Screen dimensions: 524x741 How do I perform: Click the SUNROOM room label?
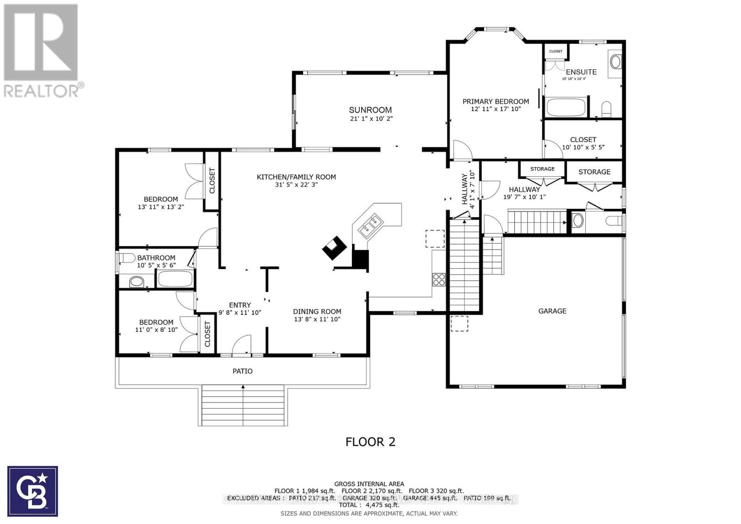coord(370,110)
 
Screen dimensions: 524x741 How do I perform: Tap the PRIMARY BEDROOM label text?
coord(496,101)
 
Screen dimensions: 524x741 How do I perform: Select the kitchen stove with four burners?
coord(439,279)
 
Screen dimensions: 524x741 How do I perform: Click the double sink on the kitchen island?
coord(372,224)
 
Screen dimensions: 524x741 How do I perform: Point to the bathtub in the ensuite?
coord(566,107)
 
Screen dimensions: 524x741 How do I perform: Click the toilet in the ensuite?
coord(607,110)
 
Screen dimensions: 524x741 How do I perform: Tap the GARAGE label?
coord(552,311)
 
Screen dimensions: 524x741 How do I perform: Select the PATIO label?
coord(242,371)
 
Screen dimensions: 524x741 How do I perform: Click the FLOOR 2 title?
coord(370,442)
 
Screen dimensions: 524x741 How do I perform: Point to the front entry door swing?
coord(241,345)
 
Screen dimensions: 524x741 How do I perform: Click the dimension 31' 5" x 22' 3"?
coord(296,185)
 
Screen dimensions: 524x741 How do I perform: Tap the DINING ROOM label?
coord(317,312)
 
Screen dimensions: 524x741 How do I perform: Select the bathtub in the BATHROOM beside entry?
coord(175,280)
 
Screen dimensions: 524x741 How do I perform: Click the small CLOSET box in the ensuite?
coord(555,51)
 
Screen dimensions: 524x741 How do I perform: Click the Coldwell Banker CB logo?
coord(32,491)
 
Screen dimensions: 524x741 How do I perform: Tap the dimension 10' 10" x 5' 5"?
coord(583,147)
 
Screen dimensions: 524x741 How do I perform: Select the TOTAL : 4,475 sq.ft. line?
coord(369,505)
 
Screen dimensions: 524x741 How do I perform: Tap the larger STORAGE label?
coord(594,172)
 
